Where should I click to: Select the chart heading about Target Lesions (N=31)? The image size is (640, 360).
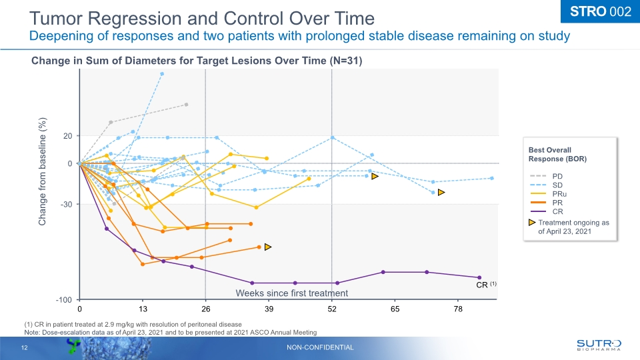[x=197, y=61]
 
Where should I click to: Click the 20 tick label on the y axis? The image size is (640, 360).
[x=67, y=136]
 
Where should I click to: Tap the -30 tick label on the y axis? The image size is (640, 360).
[x=66, y=204]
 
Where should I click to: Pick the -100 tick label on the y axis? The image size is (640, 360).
[x=64, y=300]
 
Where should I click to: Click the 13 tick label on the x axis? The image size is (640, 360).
[x=142, y=310]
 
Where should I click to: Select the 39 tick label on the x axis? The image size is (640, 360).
[x=269, y=310]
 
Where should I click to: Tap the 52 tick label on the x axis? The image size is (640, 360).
[x=332, y=310]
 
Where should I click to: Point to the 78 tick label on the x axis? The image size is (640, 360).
[x=458, y=310]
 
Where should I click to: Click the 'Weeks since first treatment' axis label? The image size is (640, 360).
[x=292, y=293]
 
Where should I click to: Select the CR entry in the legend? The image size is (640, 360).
[x=557, y=211]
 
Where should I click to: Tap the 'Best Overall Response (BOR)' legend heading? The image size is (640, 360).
[x=557, y=154]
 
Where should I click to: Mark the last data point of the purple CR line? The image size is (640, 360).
[x=479, y=277]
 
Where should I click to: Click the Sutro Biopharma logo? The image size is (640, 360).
[x=598, y=344]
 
